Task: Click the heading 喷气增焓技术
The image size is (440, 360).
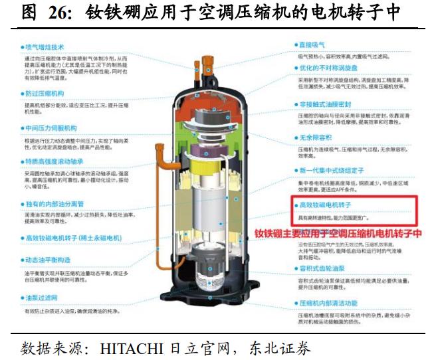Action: (45, 47)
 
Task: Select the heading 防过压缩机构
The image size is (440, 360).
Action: (45, 94)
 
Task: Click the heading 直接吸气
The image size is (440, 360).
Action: (312, 45)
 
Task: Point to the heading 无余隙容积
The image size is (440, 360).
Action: (315, 137)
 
